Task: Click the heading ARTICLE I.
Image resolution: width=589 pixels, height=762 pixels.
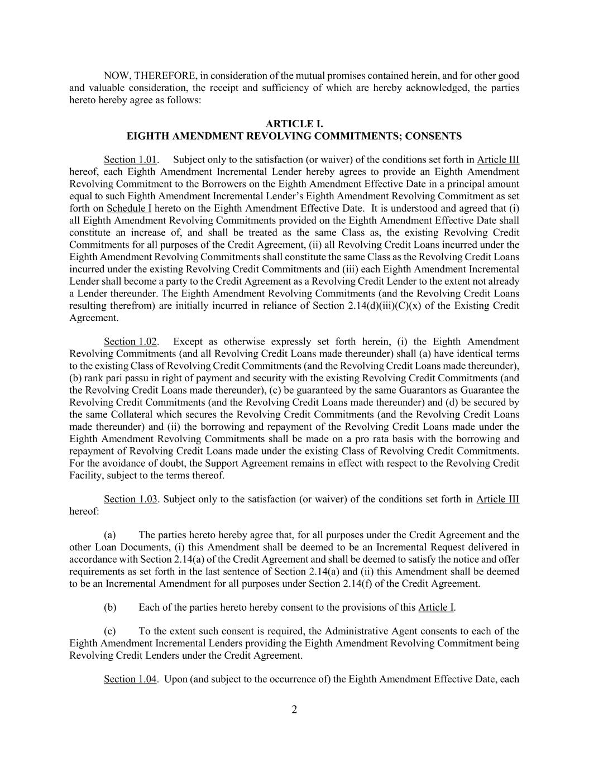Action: (x=294, y=124)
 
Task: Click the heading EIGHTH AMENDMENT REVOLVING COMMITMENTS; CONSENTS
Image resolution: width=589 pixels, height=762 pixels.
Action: (x=294, y=136)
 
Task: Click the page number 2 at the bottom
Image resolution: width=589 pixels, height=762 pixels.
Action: (x=294, y=710)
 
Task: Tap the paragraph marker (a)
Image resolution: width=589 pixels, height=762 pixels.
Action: (x=111, y=535)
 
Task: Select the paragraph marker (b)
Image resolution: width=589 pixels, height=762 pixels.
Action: (x=111, y=607)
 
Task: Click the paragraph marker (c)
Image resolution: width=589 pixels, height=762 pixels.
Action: (x=111, y=631)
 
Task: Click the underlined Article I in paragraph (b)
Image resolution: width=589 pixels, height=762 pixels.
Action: (x=436, y=607)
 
